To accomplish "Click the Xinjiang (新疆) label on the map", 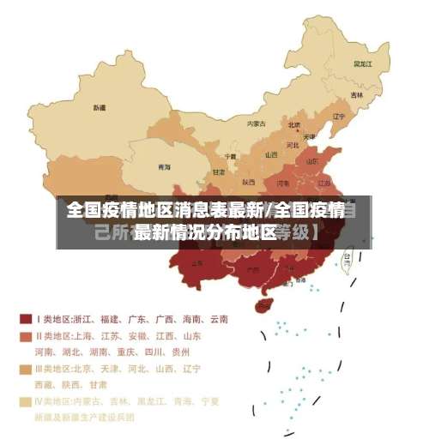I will point(100,108).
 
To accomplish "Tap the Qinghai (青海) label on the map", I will point(164,166).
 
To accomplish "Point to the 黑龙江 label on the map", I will point(362,63).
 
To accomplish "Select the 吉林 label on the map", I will point(356,94).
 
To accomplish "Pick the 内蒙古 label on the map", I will point(257,123).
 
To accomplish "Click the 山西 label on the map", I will point(271,154).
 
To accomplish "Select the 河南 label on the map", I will point(283,182).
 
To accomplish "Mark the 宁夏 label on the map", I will point(230,156).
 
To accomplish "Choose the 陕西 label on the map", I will point(249,182).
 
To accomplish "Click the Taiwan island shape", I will point(347,262).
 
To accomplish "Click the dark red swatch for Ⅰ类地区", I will point(25,319).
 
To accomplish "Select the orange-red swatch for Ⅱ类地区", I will point(25,335).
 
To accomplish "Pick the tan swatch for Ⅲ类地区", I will point(25,369).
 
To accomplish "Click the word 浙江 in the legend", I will point(86,319).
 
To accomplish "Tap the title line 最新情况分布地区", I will point(206,232).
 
